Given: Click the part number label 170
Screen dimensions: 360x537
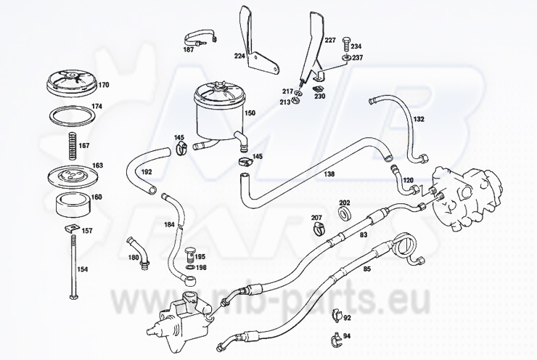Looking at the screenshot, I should (103, 85).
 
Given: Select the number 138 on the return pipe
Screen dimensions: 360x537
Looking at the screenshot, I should (329, 175).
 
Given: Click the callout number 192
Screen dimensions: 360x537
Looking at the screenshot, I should (147, 172).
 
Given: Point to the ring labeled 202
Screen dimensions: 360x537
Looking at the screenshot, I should (344, 215).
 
